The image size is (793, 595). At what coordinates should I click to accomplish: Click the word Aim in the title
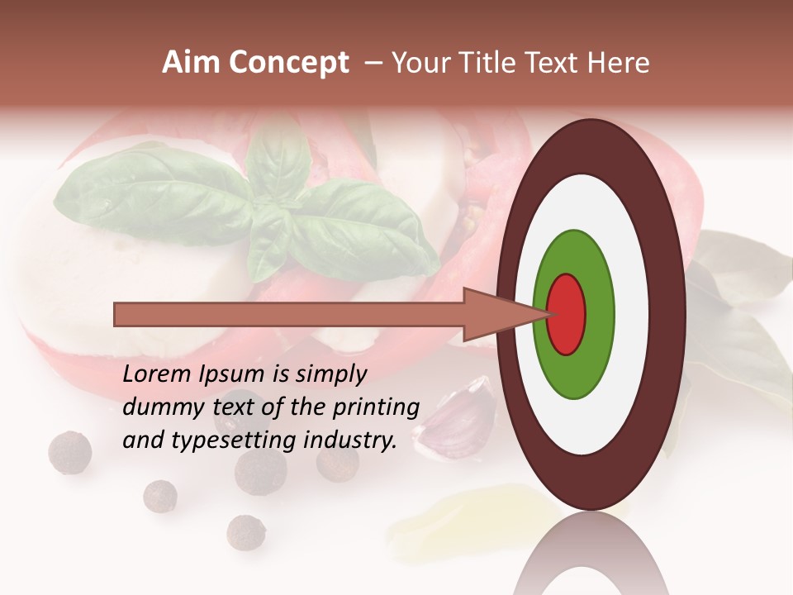[x=191, y=63]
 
